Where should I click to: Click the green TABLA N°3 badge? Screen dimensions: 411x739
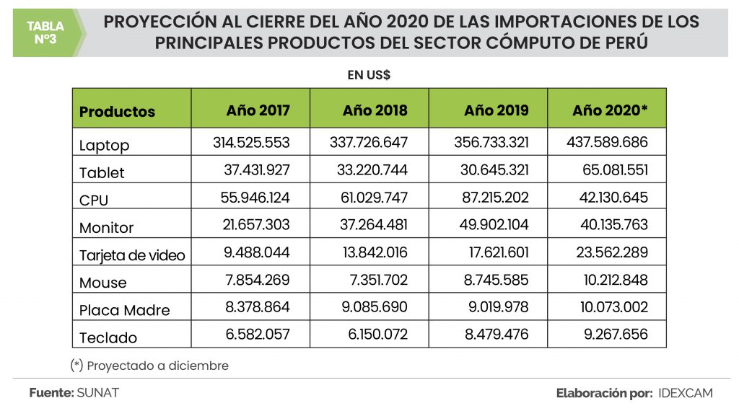point(45,32)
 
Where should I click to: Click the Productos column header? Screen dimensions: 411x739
point(117,112)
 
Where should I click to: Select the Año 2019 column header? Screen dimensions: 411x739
point(496,110)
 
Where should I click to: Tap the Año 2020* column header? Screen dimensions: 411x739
point(610,110)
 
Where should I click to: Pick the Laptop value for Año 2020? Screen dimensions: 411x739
point(608,143)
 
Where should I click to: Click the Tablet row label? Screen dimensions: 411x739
point(102,173)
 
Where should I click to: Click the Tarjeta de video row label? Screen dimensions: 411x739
point(132,255)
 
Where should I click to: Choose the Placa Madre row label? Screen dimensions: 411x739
point(124,311)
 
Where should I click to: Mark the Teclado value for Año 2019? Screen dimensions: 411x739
point(494,335)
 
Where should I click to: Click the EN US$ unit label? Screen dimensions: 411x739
point(369,74)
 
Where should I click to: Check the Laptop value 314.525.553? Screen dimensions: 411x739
point(251,143)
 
